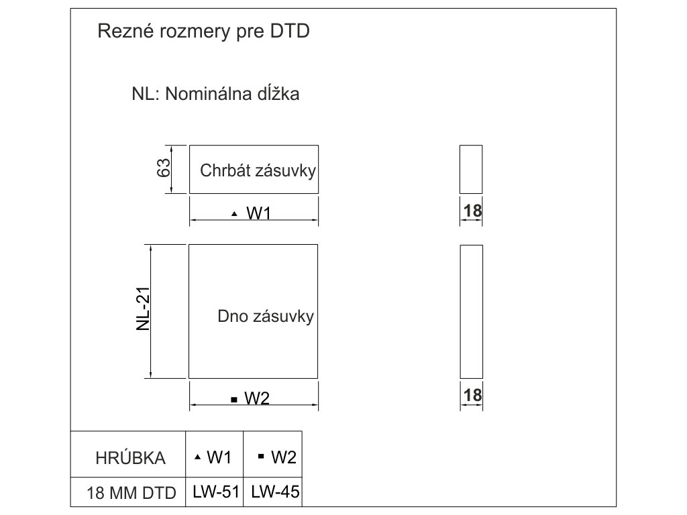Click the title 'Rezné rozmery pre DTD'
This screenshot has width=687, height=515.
(x=204, y=32)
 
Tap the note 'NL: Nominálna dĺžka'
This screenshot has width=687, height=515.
(x=215, y=94)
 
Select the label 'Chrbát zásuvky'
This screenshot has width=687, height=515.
(x=258, y=170)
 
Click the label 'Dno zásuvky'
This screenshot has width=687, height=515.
(x=266, y=317)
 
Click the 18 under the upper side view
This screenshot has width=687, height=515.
(x=472, y=211)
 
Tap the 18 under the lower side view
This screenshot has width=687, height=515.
(x=472, y=396)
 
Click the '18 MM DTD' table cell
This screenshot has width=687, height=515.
(x=131, y=494)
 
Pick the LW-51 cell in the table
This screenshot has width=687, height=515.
(x=215, y=492)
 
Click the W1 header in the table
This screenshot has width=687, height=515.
(x=219, y=457)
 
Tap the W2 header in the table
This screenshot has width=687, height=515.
(x=283, y=457)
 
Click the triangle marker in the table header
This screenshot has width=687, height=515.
(x=197, y=457)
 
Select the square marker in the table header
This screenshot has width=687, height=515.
(x=261, y=457)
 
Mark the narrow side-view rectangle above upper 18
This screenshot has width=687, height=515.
(x=471, y=169)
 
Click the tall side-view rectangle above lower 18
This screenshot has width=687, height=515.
(x=471, y=312)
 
